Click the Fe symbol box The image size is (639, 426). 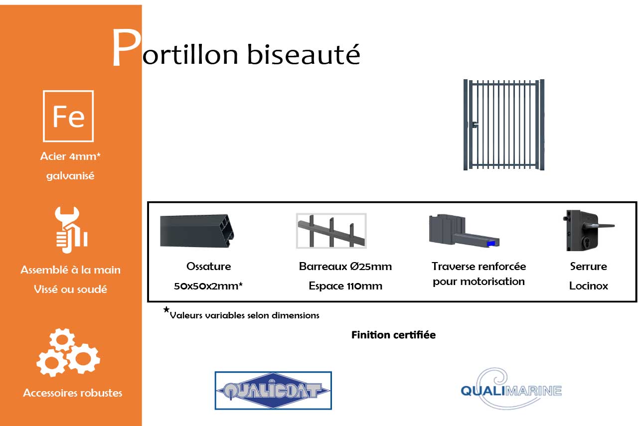[x=68, y=116]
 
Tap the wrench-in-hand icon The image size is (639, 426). [x=71, y=230]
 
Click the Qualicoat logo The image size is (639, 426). [x=273, y=391]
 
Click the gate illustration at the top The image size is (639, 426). [x=504, y=125]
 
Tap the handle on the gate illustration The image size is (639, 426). [x=474, y=125]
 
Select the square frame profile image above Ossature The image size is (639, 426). [x=199, y=231]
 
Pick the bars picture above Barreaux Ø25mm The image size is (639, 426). [x=331, y=231]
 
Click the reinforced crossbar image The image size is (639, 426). [x=464, y=232]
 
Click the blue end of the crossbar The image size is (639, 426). [x=491, y=243]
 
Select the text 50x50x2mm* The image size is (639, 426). [x=208, y=286]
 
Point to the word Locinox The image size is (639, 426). [x=588, y=286]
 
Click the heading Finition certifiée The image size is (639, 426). [x=393, y=335]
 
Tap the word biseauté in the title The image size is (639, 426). [x=304, y=54]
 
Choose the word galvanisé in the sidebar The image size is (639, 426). [x=70, y=176]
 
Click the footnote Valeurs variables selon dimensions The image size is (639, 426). [x=244, y=315]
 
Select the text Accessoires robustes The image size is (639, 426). [x=73, y=393]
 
